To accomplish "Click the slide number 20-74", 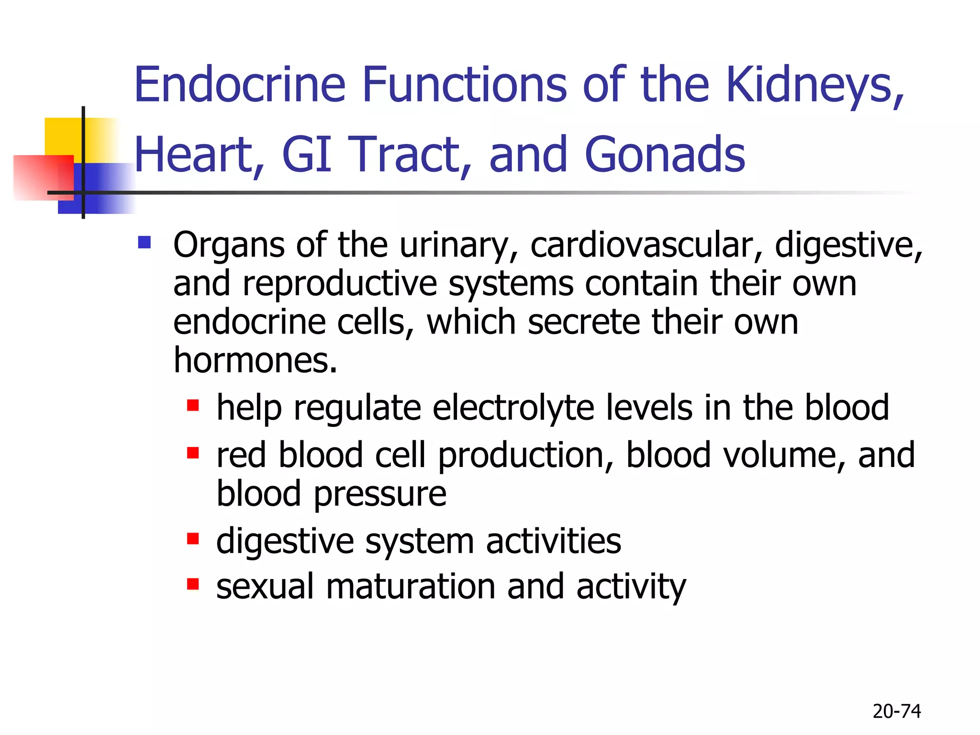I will click(x=896, y=712).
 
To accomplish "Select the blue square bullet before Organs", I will click(x=144, y=243).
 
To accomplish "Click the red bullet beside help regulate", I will click(x=193, y=406).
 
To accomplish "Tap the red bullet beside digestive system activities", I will click(x=193, y=539).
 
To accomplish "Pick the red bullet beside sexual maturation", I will click(x=193, y=584).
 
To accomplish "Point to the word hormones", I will click(x=255, y=360).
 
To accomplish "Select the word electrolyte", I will click(x=513, y=408).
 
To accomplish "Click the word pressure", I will click(x=380, y=494).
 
